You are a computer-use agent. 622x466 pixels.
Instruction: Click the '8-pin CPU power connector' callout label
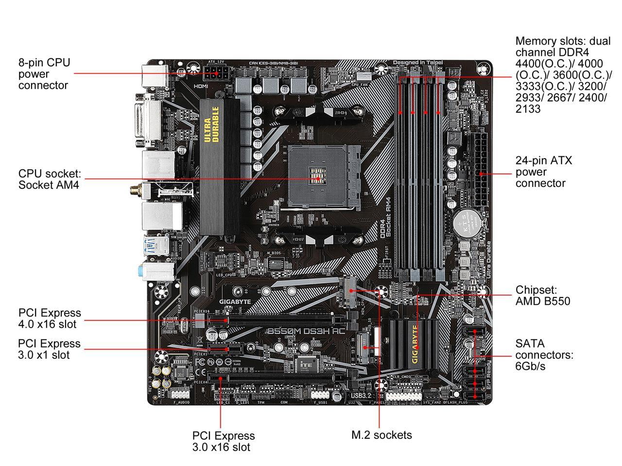(44, 74)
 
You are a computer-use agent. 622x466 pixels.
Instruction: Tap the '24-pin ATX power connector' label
(544, 172)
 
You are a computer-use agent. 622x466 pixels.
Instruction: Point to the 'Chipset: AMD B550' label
(543, 296)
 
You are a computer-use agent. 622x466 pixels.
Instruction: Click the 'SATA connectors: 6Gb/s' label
(544, 355)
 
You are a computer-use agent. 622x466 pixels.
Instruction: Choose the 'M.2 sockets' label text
(381, 435)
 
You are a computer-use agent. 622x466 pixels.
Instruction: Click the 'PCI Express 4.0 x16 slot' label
(50, 318)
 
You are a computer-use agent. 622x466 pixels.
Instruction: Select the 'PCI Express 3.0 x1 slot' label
(49, 349)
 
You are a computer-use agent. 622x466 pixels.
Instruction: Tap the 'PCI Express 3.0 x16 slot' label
(224, 441)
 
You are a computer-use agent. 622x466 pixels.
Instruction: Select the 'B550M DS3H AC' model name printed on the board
(306, 331)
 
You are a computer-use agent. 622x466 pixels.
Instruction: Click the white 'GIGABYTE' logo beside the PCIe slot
(235, 301)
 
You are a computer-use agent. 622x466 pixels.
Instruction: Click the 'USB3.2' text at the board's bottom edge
(361, 396)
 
